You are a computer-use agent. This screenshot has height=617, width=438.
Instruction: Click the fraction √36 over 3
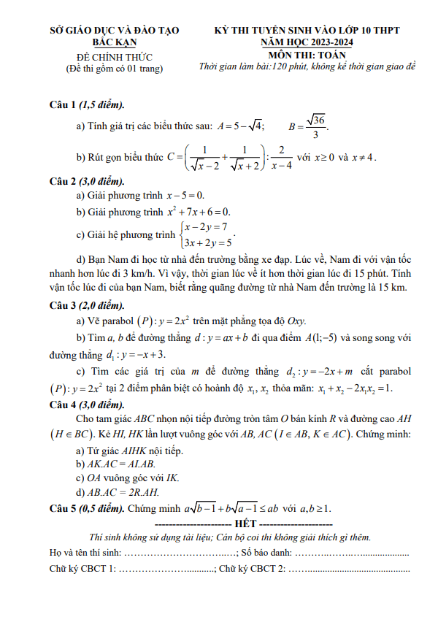click(x=316, y=126)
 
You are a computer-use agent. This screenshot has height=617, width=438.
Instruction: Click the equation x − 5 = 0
click(x=185, y=196)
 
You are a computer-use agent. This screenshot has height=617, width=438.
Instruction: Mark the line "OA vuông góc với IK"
click(x=129, y=479)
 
